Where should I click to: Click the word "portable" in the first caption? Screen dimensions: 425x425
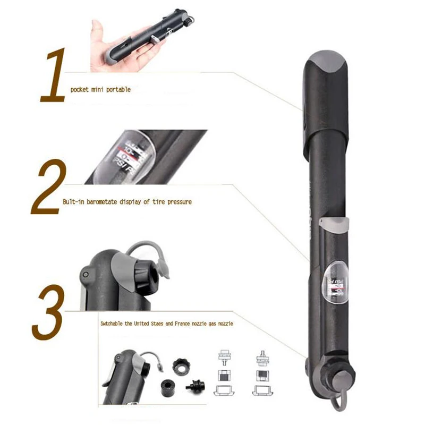pyautogui.click(x=118, y=90)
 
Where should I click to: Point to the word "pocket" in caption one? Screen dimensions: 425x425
pyautogui.click(x=79, y=90)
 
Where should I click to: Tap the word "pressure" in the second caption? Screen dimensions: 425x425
pyautogui.click(x=178, y=202)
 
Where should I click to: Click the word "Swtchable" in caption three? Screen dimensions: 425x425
pyautogui.click(x=113, y=323)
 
